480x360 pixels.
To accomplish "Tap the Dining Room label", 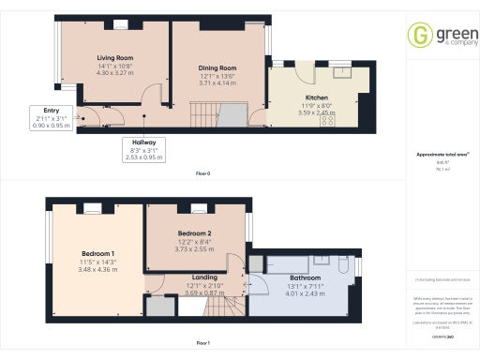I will click(x=217, y=68).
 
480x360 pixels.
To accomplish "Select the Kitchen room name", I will click(x=314, y=97).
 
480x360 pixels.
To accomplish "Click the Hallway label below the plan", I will click(x=142, y=142).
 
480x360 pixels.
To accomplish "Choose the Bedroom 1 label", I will click(x=98, y=253).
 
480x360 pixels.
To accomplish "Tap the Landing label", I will click(x=204, y=277).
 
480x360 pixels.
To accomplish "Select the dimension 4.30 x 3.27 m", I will click(x=115, y=73).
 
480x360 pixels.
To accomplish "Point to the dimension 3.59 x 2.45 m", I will click(x=314, y=112).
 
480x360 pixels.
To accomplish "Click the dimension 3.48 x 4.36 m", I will click(x=98, y=269).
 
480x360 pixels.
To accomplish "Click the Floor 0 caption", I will click(x=202, y=174).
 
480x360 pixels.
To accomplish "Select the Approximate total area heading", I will click(x=442, y=155).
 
